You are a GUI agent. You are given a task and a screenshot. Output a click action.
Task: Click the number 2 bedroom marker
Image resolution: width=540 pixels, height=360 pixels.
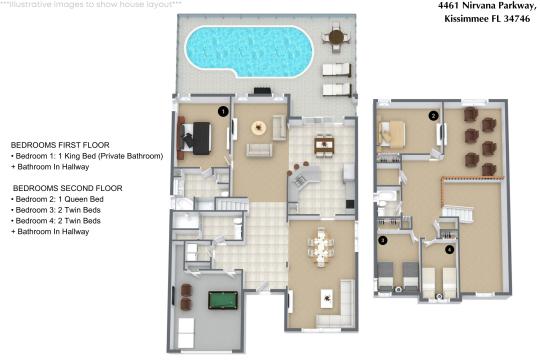coord(433,116)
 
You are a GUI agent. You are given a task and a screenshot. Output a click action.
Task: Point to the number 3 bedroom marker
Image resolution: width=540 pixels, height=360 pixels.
coord(382,241)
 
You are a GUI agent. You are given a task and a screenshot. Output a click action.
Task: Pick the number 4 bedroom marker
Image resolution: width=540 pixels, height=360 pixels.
coord(449,248)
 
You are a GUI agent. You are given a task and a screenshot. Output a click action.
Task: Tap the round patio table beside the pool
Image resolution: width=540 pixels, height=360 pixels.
coord(335,40)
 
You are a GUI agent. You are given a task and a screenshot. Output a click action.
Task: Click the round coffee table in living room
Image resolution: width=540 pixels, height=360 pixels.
coord(259,127)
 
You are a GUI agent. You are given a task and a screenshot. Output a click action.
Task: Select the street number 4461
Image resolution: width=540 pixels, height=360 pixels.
coord(425,6)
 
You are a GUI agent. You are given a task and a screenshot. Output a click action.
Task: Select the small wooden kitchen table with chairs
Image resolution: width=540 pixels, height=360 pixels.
coord(322,146)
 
